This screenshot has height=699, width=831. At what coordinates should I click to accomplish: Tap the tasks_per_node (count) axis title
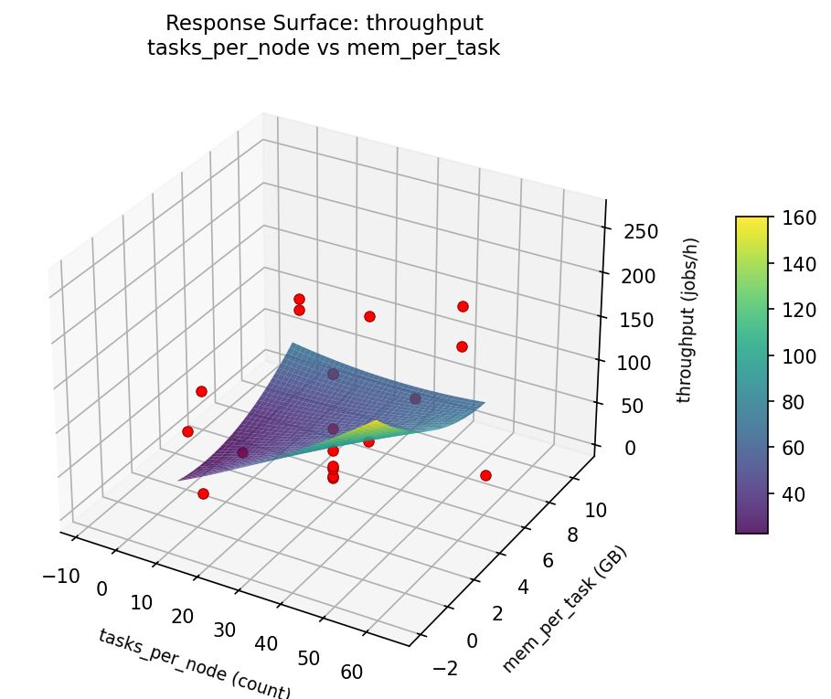[194, 663]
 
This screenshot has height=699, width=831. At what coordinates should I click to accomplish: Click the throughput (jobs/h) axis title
[692, 321]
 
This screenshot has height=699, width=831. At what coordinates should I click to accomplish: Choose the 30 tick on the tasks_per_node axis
[224, 630]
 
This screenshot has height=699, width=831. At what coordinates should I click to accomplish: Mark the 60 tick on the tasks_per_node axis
[350, 673]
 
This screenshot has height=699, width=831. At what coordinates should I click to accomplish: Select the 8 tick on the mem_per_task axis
[569, 535]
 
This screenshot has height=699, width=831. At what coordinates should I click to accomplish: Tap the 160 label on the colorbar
[793, 218]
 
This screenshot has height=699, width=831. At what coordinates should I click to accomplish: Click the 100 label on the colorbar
[793, 356]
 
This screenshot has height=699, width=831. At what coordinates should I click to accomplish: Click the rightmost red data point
[485, 475]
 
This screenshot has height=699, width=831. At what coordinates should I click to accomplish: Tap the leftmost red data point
[187, 431]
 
